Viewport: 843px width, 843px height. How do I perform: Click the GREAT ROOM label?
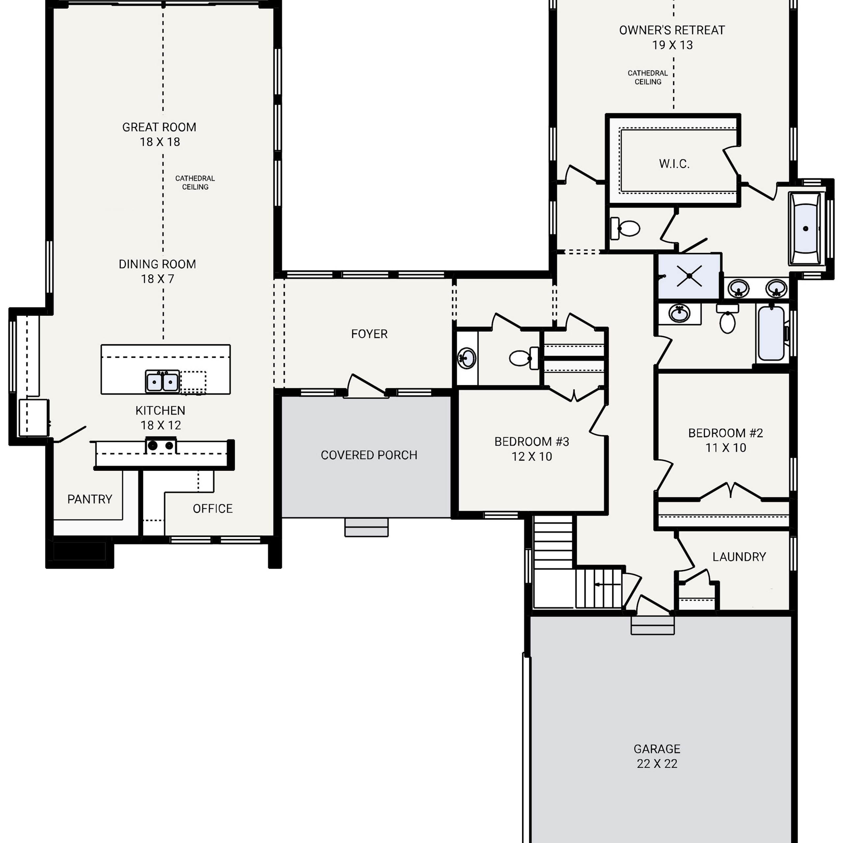(159, 127)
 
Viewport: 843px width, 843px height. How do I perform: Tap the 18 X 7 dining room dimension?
(157, 279)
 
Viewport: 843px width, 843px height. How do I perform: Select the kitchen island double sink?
(162, 382)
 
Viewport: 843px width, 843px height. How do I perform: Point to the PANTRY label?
(90, 499)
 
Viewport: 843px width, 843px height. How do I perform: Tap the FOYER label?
(369, 334)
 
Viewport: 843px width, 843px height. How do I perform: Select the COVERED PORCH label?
(369, 455)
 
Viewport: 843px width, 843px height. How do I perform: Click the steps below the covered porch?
(367, 528)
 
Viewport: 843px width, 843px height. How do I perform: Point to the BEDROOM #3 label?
(531, 442)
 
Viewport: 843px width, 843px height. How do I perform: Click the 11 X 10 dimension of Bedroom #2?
(726, 448)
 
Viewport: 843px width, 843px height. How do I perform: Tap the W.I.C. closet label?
(674, 164)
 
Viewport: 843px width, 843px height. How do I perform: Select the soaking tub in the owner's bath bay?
(805, 228)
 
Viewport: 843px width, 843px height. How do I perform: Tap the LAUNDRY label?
(739, 557)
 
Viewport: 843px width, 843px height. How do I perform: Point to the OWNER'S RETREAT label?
(672, 31)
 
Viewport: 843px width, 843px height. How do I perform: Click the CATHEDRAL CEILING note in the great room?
(195, 183)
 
